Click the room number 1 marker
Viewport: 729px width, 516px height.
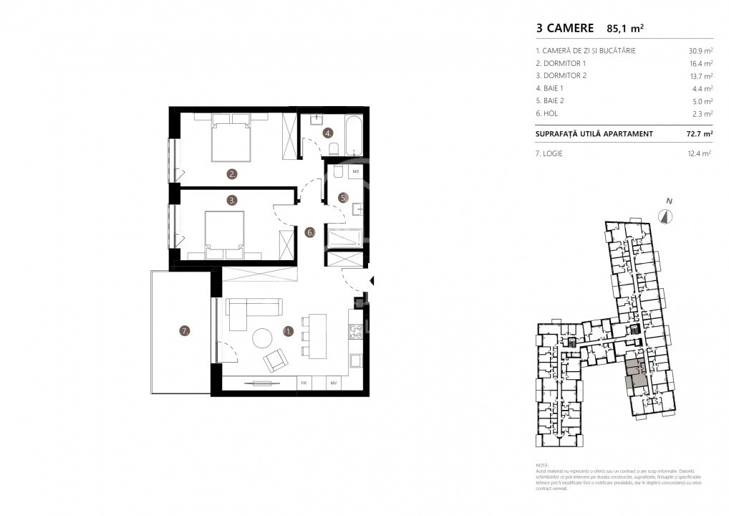[289, 331]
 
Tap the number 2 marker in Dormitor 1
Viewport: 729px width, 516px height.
[232, 173]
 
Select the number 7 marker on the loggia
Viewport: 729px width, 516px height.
[185, 331]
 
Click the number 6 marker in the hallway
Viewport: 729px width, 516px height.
[309, 231]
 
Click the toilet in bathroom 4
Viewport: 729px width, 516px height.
[333, 148]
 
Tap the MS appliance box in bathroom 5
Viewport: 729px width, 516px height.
[355, 172]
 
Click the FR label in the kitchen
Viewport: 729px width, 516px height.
[304, 384]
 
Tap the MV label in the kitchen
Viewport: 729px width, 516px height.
[334, 384]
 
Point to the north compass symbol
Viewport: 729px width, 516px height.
[667, 216]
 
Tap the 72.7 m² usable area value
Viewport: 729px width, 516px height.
[698, 134]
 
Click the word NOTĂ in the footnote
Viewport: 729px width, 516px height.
[542, 466]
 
